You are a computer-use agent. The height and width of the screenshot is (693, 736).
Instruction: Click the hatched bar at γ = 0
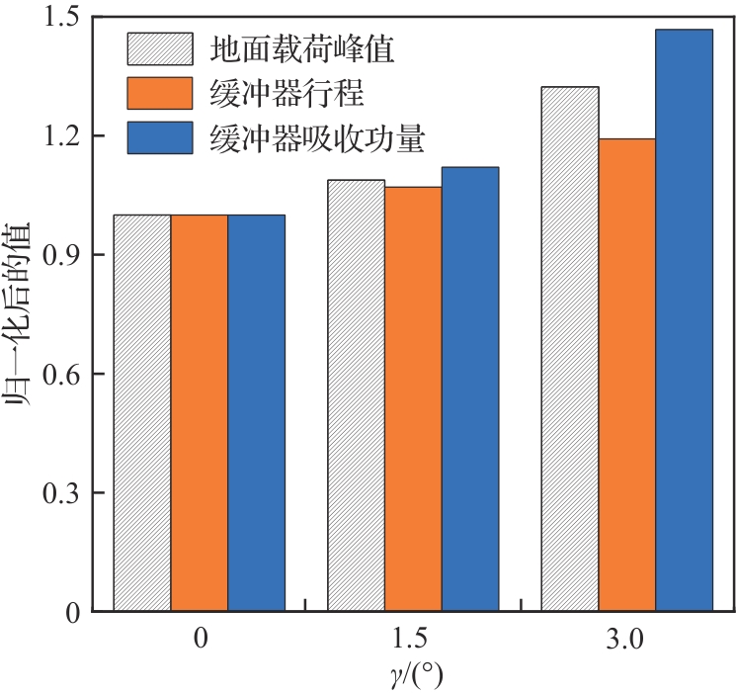click(x=142, y=413)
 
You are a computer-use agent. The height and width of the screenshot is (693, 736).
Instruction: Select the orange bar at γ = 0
click(x=200, y=413)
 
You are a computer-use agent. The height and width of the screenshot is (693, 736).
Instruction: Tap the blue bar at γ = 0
click(x=257, y=413)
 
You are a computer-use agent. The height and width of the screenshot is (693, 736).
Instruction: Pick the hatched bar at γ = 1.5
click(x=357, y=395)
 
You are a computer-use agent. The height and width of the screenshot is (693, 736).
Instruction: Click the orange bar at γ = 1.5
click(x=413, y=399)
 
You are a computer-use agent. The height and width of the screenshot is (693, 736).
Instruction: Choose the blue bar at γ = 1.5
click(x=470, y=390)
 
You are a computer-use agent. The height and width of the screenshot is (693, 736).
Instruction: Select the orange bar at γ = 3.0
click(x=627, y=375)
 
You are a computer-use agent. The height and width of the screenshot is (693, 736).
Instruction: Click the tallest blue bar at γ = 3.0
click(x=684, y=320)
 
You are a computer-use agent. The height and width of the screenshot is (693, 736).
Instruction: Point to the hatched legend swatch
click(x=160, y=47)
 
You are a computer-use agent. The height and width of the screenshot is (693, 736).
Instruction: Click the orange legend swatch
click(x=160, y=93)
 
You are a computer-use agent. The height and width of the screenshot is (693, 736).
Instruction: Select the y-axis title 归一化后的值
click(x=22, y=315)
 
